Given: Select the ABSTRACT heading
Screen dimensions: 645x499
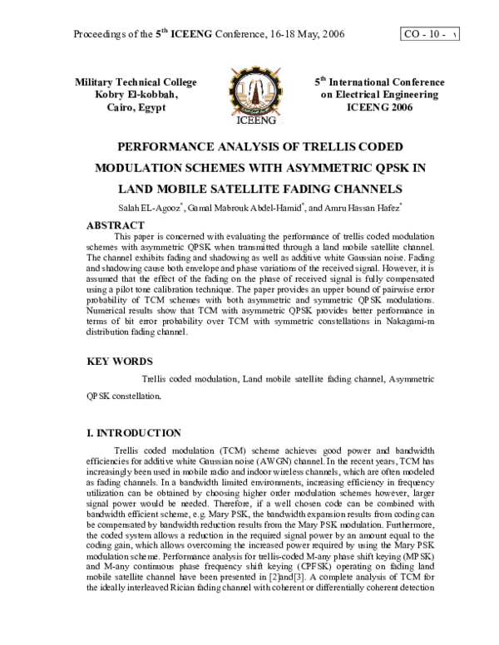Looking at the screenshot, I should [x=116, y=224].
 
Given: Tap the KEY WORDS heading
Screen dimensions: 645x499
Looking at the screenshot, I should [x=120, y=362].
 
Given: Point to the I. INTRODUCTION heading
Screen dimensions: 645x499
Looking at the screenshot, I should [x=134, y=433].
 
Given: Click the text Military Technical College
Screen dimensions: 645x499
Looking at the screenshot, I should [x=136, y=82].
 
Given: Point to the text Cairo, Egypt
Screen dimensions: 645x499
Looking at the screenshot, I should [x=136, y=107].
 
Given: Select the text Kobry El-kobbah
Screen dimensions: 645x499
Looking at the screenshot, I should [x=136, y=95].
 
